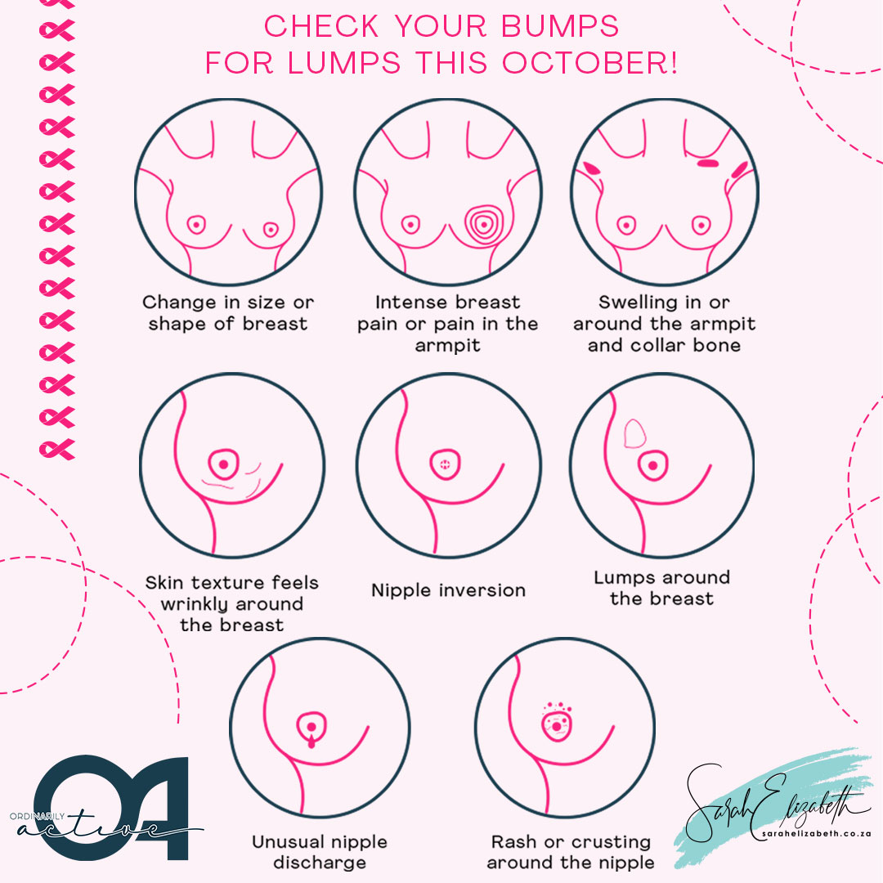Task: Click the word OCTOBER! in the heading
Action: coord(589,62)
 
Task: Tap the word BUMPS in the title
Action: coord(560,26)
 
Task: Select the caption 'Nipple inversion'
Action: coord(448,590)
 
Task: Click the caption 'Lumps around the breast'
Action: coord(662,587)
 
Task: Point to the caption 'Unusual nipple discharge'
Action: coord(320,852)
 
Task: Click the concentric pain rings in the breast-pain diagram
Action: coord(484,225)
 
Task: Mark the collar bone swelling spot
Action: coord(708,164)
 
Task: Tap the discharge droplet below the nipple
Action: coord(312,742)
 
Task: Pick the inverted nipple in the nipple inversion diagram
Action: coord(445,464)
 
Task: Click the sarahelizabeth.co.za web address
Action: coord(816,833)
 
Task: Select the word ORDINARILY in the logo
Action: coord(37,816)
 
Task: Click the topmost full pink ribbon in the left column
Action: coord(57,30)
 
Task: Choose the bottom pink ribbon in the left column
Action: coord(57,449)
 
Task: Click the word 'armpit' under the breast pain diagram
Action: coord(448,345)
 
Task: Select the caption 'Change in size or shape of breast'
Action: coord(228,313)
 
